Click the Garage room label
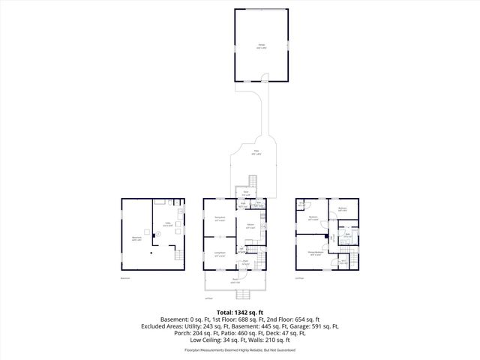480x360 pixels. click(x=262, y=47)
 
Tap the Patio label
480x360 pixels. click(x=256, y=153)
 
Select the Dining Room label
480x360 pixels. click(x=220, y=220)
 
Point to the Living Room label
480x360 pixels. click(x=220, y=254)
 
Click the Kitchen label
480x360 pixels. click(x=250, y=226)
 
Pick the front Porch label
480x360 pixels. click(x=235, y=281)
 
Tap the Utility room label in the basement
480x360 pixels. click(x=169, y=224)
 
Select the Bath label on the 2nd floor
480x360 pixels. click(x=348, y=235)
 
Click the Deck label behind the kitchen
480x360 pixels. click(x=245, y=193)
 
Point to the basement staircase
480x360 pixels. click(x=178, y=256)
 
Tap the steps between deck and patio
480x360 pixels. click(x=253, y=181)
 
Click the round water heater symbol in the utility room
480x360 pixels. click(x=157, y=234)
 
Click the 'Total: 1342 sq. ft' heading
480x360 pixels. click(x=239, y=311)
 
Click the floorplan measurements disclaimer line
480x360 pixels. click(x=239, y=349)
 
